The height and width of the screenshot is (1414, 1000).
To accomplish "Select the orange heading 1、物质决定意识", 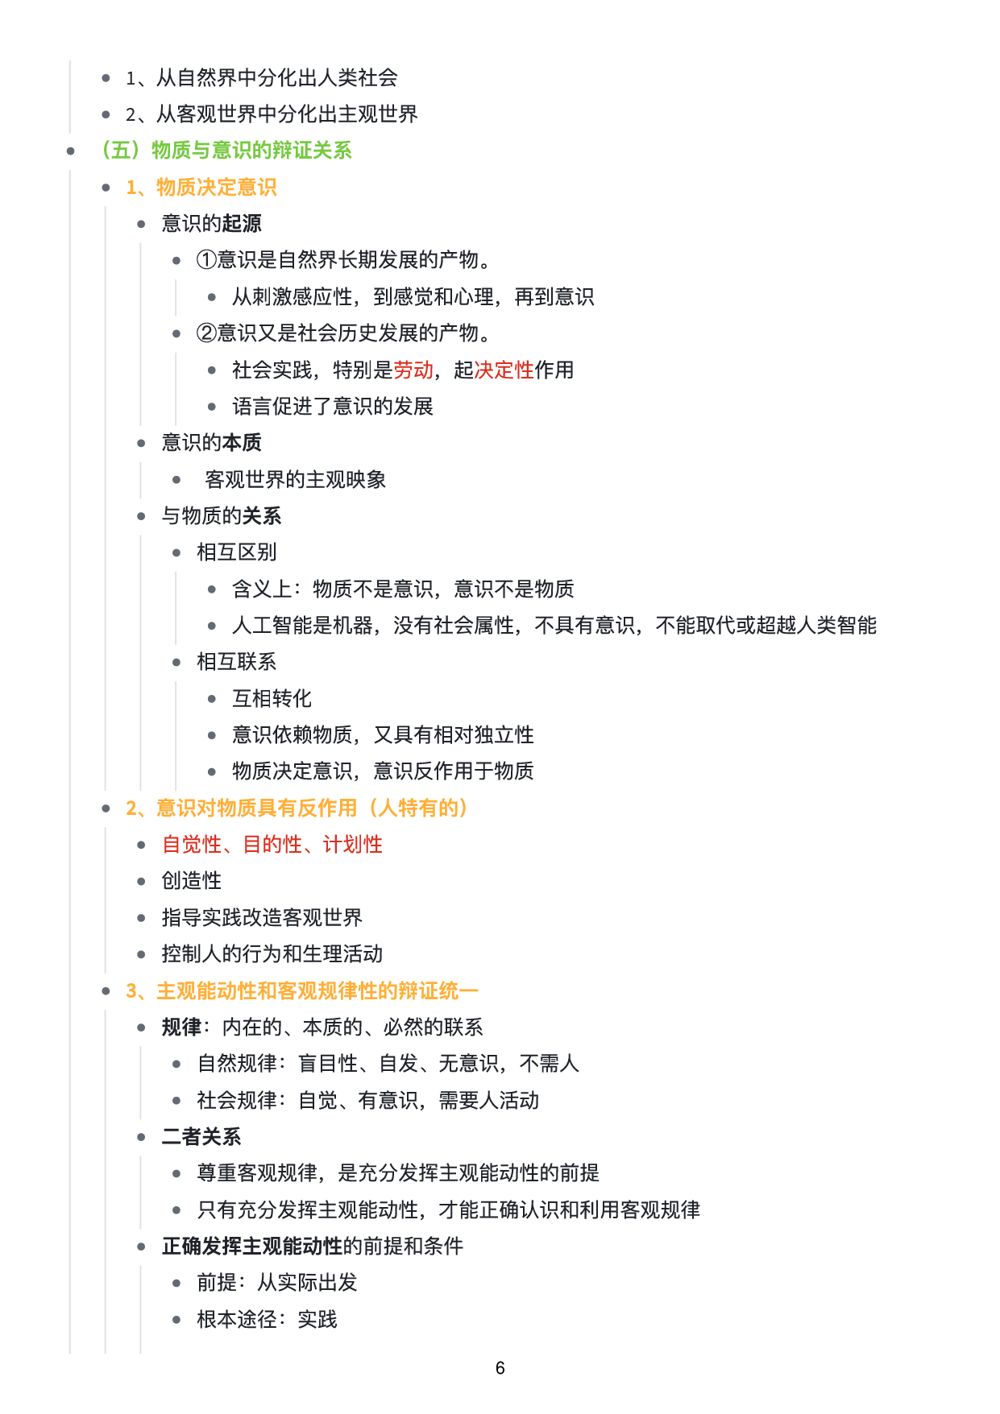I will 201,188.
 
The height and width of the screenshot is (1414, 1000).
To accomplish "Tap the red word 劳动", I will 413,370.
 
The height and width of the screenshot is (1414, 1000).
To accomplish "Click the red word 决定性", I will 504,370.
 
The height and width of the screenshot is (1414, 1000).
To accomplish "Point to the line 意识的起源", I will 211,224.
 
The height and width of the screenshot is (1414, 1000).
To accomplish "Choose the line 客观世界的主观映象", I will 295,480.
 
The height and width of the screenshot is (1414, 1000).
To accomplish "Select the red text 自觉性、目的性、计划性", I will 272,845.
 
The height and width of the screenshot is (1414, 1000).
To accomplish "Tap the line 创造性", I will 191,881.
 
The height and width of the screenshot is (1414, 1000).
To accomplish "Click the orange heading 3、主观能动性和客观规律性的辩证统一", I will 302,991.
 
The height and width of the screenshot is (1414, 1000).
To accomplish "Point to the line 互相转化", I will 272,699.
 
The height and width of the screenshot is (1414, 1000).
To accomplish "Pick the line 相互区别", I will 236,552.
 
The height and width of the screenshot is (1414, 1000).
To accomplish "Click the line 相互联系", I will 236,662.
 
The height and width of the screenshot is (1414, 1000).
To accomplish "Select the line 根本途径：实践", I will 267,1320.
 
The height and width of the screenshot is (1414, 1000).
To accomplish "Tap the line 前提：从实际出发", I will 277,1283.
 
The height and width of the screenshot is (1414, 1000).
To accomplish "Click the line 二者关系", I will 201,1137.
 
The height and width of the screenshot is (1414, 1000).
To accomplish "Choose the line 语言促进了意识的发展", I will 332,407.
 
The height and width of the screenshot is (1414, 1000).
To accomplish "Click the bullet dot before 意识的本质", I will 141,443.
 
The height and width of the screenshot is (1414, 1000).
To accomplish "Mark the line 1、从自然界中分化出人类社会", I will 261,78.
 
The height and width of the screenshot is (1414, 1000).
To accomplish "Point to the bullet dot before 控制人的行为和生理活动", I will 141,954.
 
